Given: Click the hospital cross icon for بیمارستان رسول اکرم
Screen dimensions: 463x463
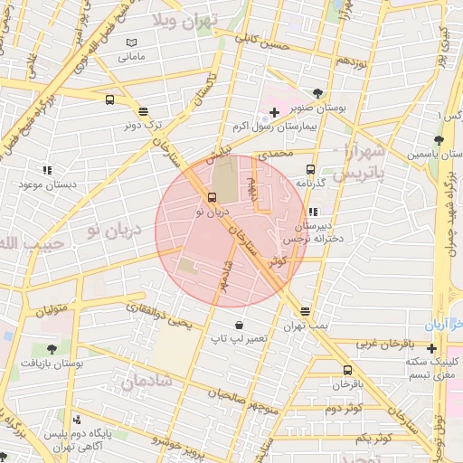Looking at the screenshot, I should (x=274, y=111).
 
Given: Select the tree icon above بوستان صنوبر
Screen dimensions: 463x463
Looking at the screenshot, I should (x=317, y=93).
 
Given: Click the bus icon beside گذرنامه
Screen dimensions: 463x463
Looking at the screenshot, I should (x=310, y=169).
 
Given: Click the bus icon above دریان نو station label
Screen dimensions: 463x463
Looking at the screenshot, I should (x=212, y=197).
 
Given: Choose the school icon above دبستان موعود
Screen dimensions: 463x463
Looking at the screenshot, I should (x=46, y=169).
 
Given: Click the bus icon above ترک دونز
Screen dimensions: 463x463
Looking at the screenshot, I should (x=144, y=112).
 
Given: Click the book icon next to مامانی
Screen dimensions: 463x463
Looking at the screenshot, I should (x=132, y=43).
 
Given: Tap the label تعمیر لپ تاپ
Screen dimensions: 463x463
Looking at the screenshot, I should (x=239, y=338).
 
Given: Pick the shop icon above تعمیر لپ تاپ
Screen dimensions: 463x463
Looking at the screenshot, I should (x=238, y=325).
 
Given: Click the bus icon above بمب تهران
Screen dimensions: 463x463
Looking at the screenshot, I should (x=305, y=310).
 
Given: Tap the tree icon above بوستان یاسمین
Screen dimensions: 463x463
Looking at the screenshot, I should (x=439, y=140).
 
